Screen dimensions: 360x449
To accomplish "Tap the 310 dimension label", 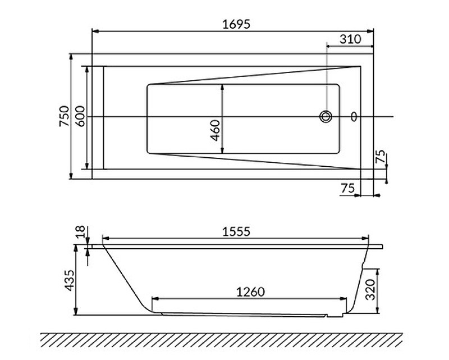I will point(350,39).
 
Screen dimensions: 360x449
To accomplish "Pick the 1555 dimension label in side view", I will point(234,231).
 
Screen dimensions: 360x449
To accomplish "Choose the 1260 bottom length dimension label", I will point(250,291).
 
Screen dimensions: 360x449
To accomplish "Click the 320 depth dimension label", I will point(386,290).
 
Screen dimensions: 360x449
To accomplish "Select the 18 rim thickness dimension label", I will point(79,231).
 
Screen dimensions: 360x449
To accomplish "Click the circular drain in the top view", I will point(326,117).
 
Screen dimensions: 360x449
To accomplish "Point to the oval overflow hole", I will point(354,117).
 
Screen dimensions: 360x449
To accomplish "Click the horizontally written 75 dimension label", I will point(347,189).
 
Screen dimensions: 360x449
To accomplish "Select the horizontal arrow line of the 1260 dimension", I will point(250,299).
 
